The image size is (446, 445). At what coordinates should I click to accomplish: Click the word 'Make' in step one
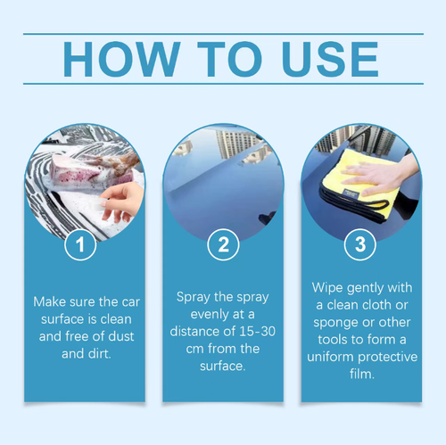[49, 302]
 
